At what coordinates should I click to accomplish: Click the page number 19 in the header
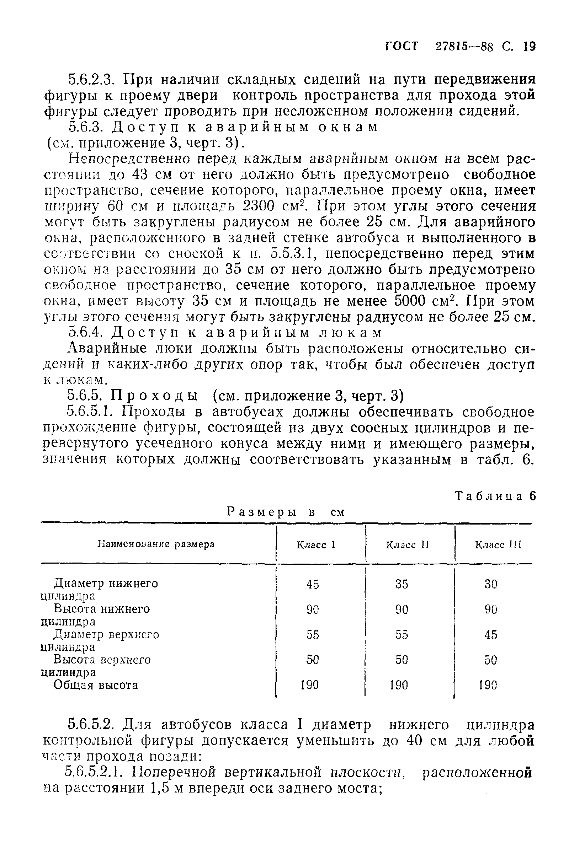[530, 47]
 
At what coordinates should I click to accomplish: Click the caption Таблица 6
[495, 496]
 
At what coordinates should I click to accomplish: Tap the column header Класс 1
[315, 545]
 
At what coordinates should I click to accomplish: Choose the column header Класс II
[407, 545]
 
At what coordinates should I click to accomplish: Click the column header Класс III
[498, 545]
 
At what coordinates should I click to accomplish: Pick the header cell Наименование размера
[156, 544]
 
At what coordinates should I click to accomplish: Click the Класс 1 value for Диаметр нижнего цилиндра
[313, 584]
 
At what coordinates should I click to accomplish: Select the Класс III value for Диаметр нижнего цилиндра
[491, 584]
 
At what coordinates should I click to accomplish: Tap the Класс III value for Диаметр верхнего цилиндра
[491, 635]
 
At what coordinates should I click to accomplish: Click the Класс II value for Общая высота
[399, 685]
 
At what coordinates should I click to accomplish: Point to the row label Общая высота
[96, 685]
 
